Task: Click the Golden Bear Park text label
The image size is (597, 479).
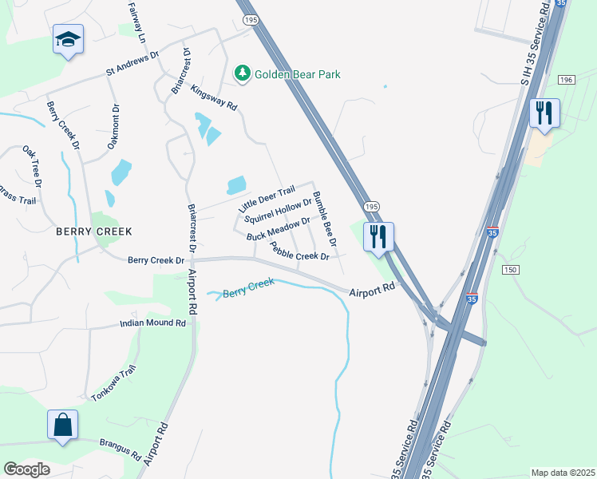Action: [x=298, y=74]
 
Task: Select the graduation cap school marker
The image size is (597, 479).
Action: [x=69, y=39]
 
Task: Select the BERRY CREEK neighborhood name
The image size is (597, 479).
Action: [x=93, y=231]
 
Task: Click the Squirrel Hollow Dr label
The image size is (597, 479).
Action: [x=277, y=211]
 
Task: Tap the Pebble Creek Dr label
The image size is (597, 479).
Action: [x=299, y=251]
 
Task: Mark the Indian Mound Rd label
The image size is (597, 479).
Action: [x=152, y=323]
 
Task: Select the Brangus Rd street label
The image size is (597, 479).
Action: [x=121, y=448]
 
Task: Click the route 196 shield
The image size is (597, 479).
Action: [x=567, y=80]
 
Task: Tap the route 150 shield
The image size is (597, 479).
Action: [x=511, y=270]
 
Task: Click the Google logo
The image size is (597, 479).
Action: [x=26, y=469]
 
